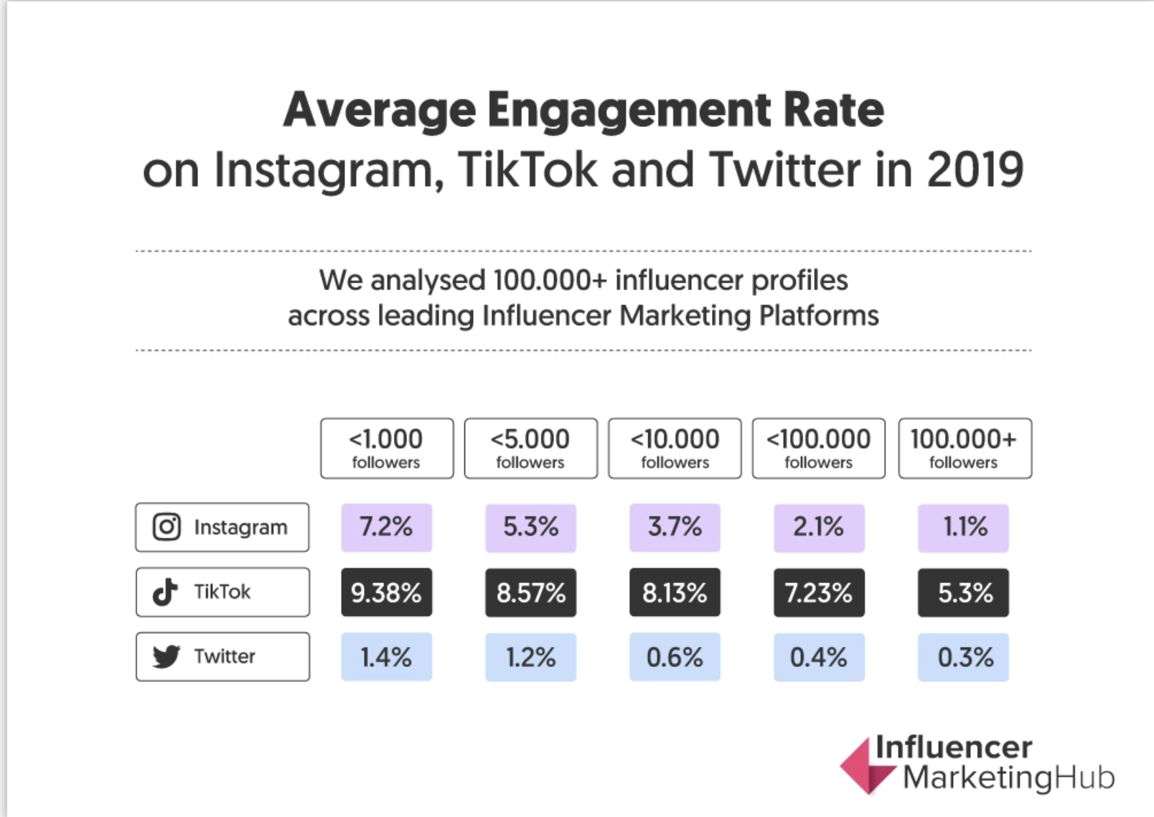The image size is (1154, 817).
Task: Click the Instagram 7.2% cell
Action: coord(386,528)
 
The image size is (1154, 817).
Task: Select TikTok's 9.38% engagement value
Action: coord(386,593)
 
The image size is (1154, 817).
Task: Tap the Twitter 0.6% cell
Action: coord(675,657)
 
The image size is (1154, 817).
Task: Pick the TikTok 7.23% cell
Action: coord(818,593)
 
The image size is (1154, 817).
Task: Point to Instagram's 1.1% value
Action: coord(963,528)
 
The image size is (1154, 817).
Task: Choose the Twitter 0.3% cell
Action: coord(963,657)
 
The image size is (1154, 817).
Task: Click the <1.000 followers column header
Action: coord(387,448)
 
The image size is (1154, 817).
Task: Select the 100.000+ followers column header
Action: coord(965,448)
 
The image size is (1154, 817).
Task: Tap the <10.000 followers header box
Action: coord(675,448)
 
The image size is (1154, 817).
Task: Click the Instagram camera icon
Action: coord(166,527)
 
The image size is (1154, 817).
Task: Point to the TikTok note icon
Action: coord(165,592)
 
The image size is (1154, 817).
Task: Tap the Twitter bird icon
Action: coord(166,656)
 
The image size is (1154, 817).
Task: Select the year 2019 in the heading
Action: coord(975,171)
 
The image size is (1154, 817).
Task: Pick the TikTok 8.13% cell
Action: coord(675,593)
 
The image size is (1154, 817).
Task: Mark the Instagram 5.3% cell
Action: coord(530,528)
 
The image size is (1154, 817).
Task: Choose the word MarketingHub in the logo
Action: coord(1008,778)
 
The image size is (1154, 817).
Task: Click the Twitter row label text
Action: coord(225,656)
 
